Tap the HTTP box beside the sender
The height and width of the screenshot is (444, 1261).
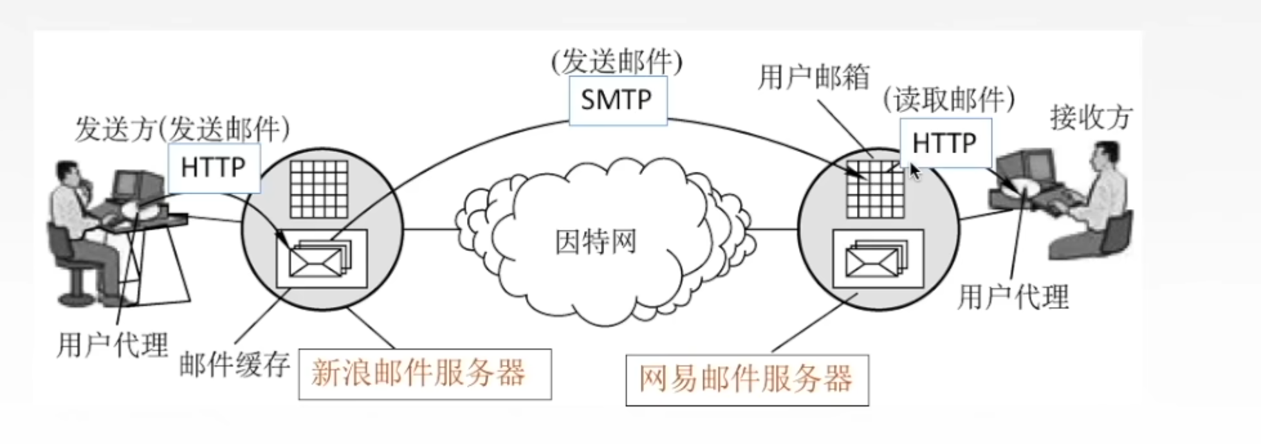coord(214,168)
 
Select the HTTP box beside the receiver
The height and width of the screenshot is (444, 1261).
coord(944,143)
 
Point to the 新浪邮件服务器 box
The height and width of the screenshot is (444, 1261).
coord(425,374)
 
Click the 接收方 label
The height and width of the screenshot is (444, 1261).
coord(1091,118)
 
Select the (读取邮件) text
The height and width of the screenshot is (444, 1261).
coord(948,100)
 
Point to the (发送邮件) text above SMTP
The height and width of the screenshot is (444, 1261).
coord(616,62)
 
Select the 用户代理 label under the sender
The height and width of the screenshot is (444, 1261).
coord(113,345)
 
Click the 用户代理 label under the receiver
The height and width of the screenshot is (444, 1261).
coord(1013,297)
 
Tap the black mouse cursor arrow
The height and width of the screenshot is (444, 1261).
coord(915,172)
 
